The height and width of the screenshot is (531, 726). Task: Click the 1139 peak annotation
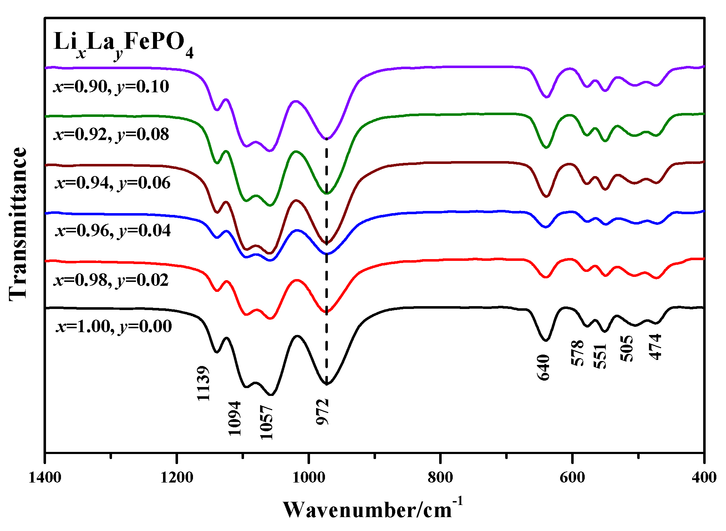203,383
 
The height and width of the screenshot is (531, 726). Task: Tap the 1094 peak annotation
234,418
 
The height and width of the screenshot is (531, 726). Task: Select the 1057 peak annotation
266,423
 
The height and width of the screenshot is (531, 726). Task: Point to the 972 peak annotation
323,412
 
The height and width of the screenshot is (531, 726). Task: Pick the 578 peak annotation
578,353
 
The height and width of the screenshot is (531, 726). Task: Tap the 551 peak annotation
600,356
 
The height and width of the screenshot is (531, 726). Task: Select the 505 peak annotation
627,349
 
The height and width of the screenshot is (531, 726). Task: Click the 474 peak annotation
655,347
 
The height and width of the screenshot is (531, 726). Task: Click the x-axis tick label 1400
45,477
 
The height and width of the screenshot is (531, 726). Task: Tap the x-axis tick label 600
572,477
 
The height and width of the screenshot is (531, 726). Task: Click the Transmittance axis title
18,224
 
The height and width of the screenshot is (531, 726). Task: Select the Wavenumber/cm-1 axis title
373,509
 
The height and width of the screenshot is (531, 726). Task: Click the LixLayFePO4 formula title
123,45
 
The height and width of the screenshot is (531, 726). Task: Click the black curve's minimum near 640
545,341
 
